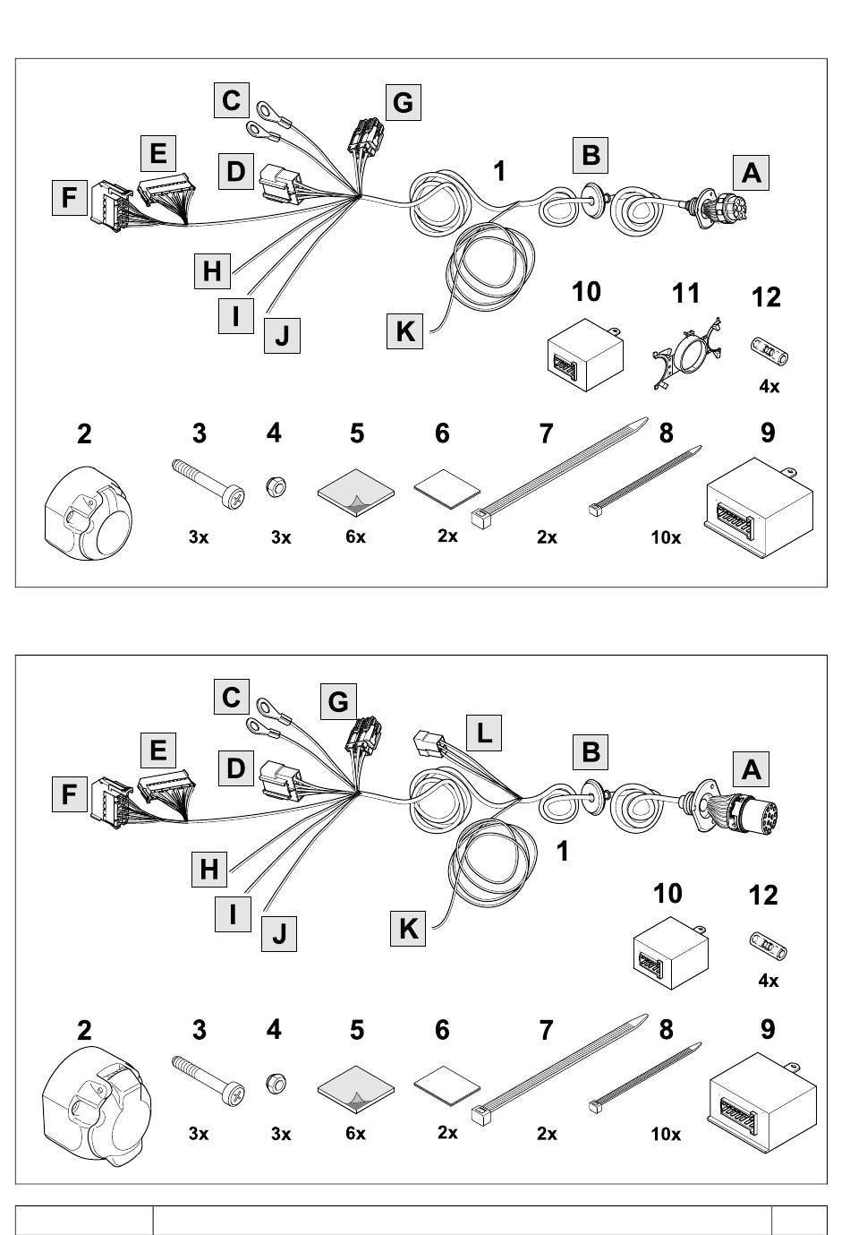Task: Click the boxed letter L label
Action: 483,733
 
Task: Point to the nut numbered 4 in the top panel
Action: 276,487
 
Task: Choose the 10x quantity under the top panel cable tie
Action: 665,537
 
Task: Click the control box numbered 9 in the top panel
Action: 759,506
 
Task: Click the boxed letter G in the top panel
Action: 403,102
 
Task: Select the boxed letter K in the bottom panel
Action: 408,928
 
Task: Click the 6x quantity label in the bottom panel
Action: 355,1134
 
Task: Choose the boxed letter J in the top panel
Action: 282,337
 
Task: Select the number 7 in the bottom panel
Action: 546,1031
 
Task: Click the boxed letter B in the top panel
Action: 591,154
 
